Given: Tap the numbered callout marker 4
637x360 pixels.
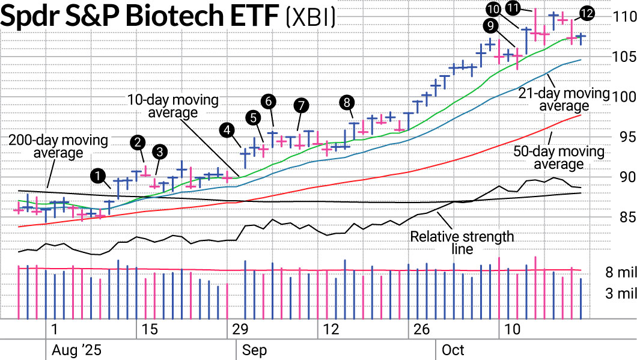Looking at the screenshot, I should coord(227,129).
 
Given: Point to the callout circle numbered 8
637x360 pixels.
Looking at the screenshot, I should coord(346,102).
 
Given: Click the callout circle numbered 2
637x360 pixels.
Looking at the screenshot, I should coord(139,142).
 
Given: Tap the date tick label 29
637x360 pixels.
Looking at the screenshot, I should coord(240,329).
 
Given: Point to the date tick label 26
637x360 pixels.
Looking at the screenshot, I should coord(422,329).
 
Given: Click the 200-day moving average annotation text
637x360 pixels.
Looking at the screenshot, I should coord(58,147).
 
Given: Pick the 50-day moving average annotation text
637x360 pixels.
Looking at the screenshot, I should coord(559,157).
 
